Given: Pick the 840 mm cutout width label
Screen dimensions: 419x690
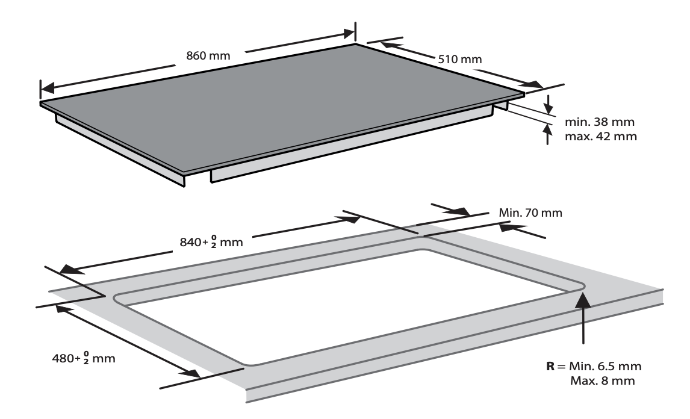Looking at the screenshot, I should tap(211, 242).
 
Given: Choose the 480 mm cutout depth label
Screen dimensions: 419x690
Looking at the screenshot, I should tap(84, 358).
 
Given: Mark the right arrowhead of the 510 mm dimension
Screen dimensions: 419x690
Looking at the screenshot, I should tap(534, 84).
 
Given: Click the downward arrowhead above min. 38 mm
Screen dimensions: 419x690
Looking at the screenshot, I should tap(548, 109).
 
